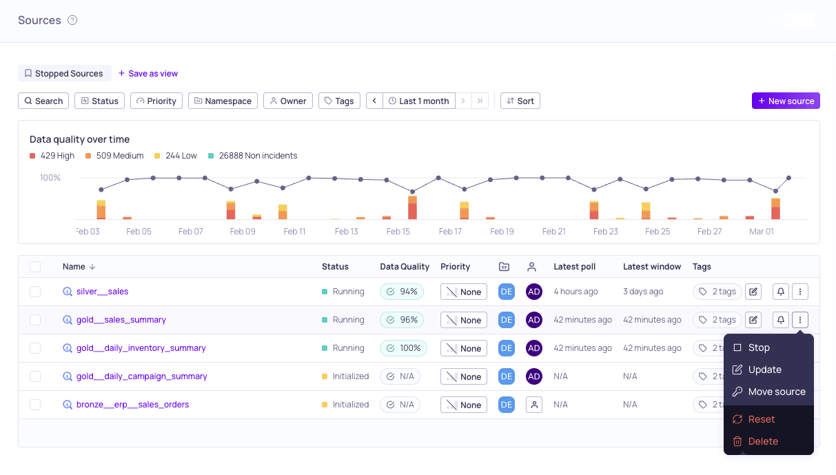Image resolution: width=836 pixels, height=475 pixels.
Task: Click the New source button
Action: (x=786, y=101)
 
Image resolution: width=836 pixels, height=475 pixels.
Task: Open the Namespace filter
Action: (x=223, y=101)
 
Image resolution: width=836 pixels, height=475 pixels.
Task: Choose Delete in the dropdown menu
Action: (x=762, y=441)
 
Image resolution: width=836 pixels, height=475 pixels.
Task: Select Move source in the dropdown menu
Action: (x=776, y=392)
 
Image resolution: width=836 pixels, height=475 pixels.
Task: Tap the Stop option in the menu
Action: (x=758, y=347)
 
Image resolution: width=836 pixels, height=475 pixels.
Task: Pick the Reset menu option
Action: (x=761, y=419)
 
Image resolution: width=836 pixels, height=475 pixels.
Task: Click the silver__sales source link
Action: (x=102, y=292)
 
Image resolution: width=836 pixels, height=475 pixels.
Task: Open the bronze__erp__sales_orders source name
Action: (x=132, y=405)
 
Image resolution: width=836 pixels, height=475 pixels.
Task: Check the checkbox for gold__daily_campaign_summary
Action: (x=35, y=376)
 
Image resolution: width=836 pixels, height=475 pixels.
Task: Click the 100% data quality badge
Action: (x=403, y=348)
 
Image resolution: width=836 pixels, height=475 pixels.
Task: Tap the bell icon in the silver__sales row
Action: (x=780, y=292)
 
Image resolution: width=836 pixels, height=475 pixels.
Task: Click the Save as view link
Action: (x=148, y=74)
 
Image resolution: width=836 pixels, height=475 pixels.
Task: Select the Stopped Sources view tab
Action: (x=64, y=74)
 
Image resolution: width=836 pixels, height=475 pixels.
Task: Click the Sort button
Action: (x=520, y=101)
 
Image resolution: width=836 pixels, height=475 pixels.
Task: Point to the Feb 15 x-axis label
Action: (x=398, y=232)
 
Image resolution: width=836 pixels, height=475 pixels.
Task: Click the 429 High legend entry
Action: (x=52, y=156)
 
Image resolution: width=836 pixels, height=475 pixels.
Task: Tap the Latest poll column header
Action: (x=574, y=267)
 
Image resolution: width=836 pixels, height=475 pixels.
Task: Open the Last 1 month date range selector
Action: (x=418, y=101)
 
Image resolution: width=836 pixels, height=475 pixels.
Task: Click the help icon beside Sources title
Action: (x=72, y=20)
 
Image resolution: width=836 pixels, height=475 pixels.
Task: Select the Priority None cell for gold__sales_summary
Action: (x=463, y=320)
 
